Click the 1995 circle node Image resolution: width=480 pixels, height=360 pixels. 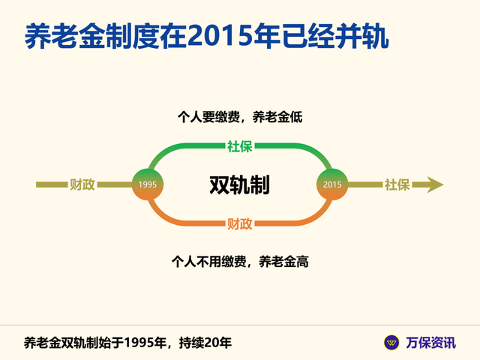[x=148, y=184]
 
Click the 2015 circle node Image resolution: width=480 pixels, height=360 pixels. [x=331, y=184]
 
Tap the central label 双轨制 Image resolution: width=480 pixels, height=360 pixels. [x=239, y=184]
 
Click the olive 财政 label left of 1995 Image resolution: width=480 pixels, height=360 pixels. [x=82, y=184]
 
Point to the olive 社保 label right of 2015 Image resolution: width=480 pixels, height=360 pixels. [x=397, y=184]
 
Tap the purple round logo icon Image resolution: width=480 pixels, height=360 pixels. [x=391, y=343]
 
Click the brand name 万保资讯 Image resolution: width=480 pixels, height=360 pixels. [x=430, y=343]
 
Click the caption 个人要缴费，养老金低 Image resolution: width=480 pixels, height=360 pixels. [x=239, y=117]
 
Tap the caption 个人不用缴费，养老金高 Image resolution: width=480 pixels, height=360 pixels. [x=239, y=262]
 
